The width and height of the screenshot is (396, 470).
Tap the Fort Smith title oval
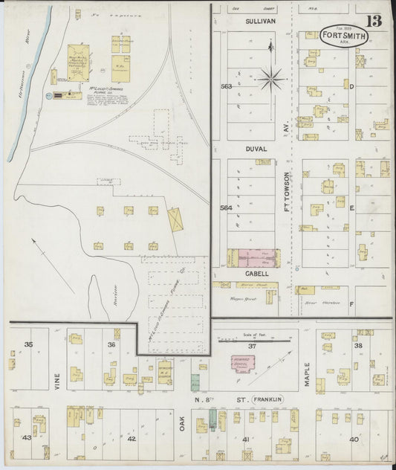346,36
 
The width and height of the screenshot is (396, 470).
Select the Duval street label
256,149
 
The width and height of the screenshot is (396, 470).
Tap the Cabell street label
256,274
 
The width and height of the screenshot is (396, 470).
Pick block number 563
226,86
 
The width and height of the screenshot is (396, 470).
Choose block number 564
227,208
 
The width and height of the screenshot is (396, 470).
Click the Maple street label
306,374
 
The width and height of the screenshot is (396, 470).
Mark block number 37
252,347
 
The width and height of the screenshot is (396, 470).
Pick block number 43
27,437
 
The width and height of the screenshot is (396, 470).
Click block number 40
354,439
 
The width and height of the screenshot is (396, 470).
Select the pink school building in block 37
241,364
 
